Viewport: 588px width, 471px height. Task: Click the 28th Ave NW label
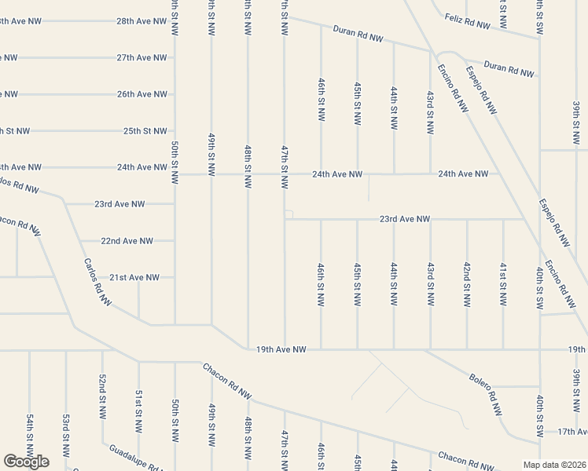coord(141,21)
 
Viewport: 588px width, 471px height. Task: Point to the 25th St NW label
coord(145,131)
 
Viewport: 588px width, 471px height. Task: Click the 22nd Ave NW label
coord(127,241)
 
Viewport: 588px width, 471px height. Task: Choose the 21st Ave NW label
coord(134,277)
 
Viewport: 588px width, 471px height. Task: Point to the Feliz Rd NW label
coord(467,21)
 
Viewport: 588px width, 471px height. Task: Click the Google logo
coord(26,462)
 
